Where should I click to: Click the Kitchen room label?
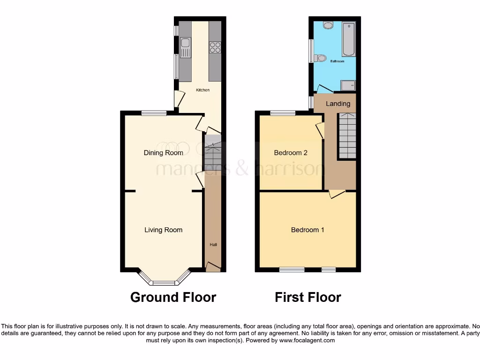(x=202, y=90)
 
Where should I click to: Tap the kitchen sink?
(x=186, y=47)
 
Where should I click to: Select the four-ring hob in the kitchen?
(x=215, y=47)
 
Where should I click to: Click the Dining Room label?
(x=163, y=153)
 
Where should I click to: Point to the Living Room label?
(x=163, y=230)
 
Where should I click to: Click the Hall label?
(x=213, y=245)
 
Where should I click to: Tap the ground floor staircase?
(x=212, y=152)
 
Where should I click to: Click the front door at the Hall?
(x=213, y=267)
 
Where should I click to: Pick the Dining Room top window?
(x=154, y=112)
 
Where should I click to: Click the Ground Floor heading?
(x=173, y=297)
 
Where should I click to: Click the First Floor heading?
(x=308, y=297)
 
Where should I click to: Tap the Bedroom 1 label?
(x=307, y=230)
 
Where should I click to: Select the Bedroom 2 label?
(x=291, y=153)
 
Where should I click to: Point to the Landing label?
(x=337, y=104)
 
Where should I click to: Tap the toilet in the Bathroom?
(x=321, y=58)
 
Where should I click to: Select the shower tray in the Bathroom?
(x=348, y=85)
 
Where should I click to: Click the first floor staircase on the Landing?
(x=347, y=136)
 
